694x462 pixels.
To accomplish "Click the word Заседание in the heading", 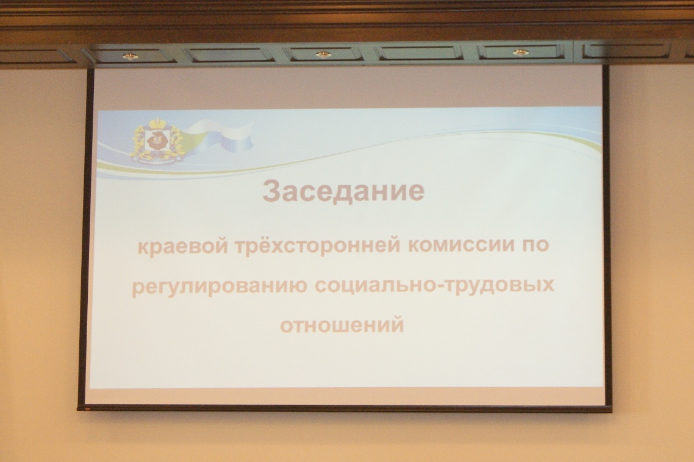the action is (343, 191).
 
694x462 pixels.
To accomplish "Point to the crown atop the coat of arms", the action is (156, 123).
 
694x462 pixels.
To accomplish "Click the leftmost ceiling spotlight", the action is (130, 57).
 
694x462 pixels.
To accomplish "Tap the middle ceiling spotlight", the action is (323, 55).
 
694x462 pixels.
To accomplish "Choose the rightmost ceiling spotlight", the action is (521, 53).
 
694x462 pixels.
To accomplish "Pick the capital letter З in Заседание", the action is (272, 191).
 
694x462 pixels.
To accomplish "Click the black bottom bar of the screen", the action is (345, 408).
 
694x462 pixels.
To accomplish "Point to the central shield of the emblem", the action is (156, 141).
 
